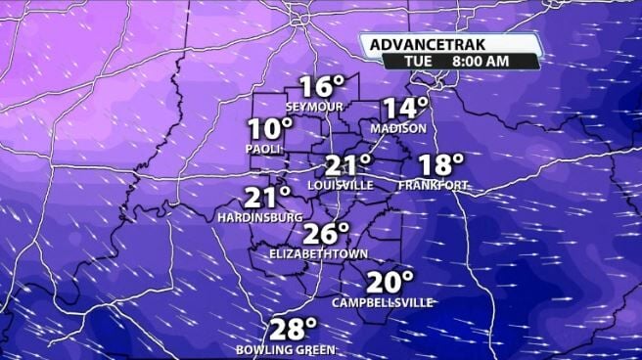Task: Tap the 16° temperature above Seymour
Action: pyautogui.click(x=321, y=87)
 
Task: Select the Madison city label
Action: pyautogui.click(x=398, y=128)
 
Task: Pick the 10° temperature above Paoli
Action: pyautogui.click(x=269, y=129)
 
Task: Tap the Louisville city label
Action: pyautogui.click(x=340, y=185)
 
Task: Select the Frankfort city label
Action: pyautogui.click(x=433, y=185)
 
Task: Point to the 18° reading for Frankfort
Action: pyautogui.click(x=440, y=165)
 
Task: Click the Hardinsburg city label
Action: pyautogui.click(x=259, y=217)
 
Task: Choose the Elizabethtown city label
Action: pyautogui.click(x=319, y=254)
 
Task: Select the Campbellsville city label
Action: pyautogui.click(x=383, y=302)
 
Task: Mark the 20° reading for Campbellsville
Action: pyautogui.click(x=390, y=283)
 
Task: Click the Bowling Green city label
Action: pyautogui.click(x=286, y=349)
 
